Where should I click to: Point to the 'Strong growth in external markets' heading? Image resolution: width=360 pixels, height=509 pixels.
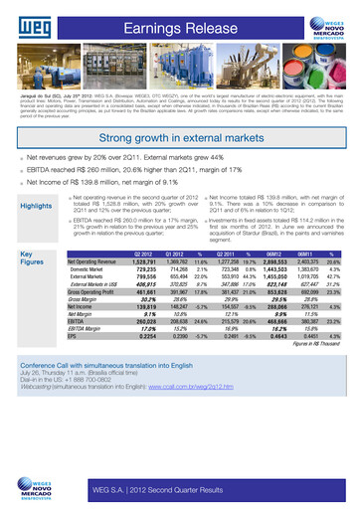(x=180, y=139)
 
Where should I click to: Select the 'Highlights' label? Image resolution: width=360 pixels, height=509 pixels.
(x=37, y=207)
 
